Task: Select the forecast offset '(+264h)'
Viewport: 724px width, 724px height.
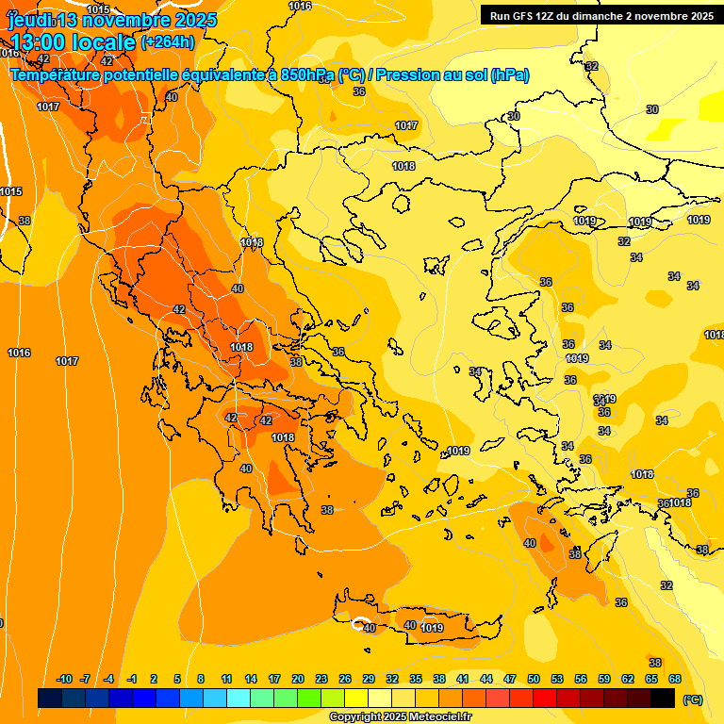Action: pos(168,41)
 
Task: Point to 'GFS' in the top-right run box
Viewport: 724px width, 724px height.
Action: pos(524,15)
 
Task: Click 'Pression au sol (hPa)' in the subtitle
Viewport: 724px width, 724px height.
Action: pos(452,74)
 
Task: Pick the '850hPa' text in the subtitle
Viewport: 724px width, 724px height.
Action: pos(301,74)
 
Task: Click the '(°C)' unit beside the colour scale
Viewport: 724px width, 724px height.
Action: pos(692,699)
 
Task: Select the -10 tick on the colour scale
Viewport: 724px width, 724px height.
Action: pos(64,679)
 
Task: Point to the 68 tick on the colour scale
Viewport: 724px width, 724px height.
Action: pos(675,679)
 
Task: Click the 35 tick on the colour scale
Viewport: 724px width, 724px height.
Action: pos(416,679)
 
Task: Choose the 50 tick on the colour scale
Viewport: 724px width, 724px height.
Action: pos(534,679)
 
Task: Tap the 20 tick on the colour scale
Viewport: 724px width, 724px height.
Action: pos(298,679)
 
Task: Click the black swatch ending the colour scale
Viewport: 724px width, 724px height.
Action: pos(663,698)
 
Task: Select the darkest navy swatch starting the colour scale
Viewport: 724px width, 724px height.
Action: pos(50,698)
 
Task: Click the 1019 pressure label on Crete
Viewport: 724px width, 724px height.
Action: pos(432,628)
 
